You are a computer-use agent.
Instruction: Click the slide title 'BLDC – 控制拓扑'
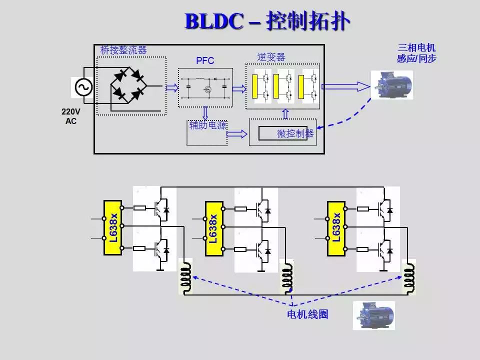click(267, 21)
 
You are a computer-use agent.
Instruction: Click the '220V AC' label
click(71, 116)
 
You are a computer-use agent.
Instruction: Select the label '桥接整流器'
click(123, 50)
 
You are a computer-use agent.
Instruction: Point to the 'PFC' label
click(205, 61)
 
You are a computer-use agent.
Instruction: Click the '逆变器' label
click(271, 57)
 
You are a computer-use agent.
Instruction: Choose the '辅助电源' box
click(207, 132)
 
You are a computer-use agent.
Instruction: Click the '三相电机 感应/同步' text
click(416, 53)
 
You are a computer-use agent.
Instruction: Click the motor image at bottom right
click(374, 315)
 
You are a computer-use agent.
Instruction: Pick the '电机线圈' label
click(307, 315)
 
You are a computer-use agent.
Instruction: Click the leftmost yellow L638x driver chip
click(113, 227)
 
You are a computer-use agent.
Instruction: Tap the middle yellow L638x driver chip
click(213, 227)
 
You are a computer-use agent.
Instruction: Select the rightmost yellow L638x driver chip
click(336, 227)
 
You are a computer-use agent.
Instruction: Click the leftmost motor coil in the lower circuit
click(185, 276)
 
